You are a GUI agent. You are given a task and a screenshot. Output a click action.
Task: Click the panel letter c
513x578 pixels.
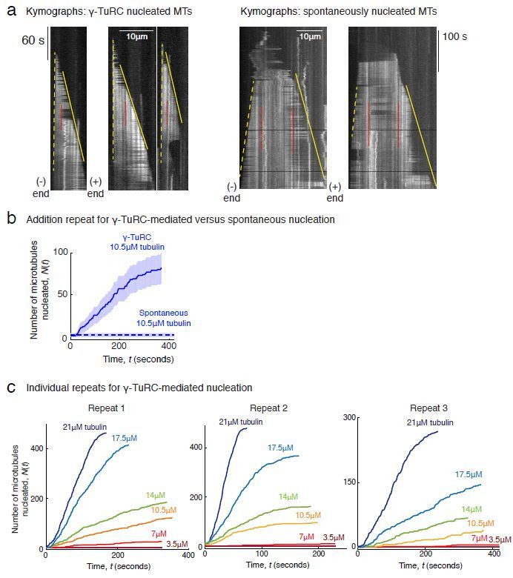[x=10, y=387]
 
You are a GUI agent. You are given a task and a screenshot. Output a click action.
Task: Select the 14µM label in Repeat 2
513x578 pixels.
[x=288, y=496]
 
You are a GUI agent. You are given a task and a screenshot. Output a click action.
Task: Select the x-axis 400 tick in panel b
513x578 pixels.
[x=168, y=347]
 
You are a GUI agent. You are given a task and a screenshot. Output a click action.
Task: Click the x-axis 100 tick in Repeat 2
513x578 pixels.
[x=261, y=554]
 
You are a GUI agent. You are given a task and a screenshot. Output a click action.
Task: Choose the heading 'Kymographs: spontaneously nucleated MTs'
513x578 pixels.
[x=339, y=12]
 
